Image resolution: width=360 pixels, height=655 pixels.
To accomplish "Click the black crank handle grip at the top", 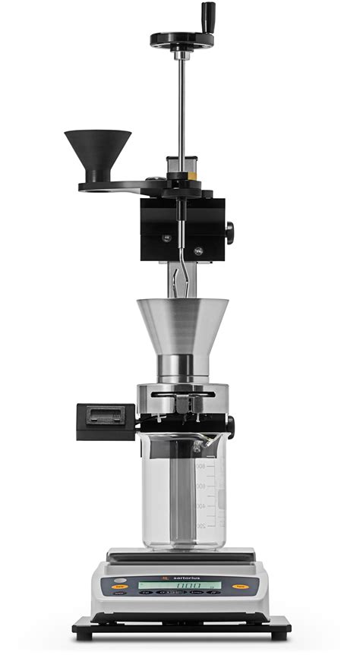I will click(207, 14).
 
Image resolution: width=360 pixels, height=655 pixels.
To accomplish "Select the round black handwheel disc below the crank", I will click(182, 38).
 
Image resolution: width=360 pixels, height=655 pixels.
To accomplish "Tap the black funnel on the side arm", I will click(97, 152).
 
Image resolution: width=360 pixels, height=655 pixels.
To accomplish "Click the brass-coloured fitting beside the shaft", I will click(195, 173).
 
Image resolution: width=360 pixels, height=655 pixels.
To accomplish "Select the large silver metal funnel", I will click(182, 326).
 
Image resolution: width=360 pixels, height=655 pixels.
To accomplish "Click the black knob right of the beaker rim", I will click(230, 427).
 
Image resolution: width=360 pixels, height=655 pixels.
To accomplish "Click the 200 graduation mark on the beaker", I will click(201, 525).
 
